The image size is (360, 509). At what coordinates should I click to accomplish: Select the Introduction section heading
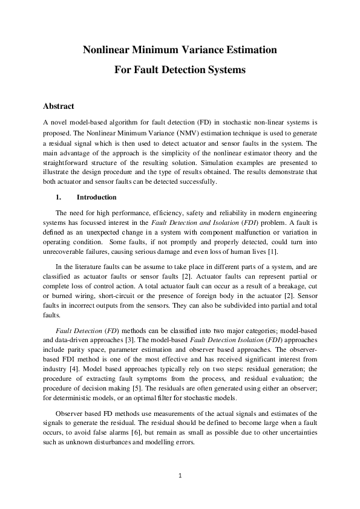[x=97, y=197]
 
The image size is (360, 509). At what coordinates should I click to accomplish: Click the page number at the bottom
[x=180, y=476]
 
